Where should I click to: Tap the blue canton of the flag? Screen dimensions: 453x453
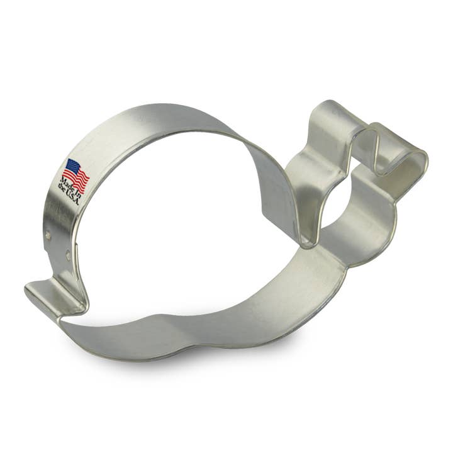click(x=71, y=167)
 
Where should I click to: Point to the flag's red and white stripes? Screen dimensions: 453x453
click(x=78, y=178)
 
